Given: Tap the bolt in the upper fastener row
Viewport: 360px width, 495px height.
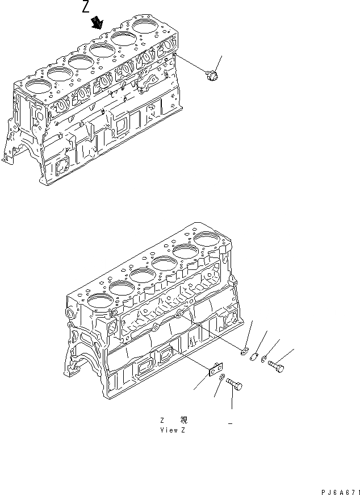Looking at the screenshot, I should click(x=276, y=367).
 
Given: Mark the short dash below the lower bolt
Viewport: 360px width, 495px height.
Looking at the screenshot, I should click(x=230, y=423).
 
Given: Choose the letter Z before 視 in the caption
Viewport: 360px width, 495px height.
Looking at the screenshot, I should click(x=162, y=420).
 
